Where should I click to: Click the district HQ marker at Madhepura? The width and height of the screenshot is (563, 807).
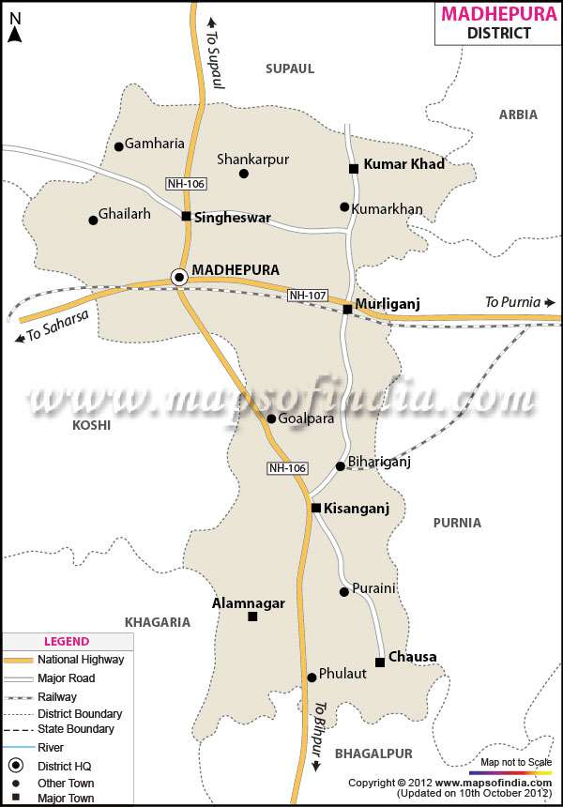[178, 276]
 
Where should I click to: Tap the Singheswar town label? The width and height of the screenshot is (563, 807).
[233, 218]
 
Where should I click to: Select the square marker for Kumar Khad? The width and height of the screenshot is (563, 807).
[354, 169]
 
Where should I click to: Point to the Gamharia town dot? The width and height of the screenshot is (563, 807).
[119, 146]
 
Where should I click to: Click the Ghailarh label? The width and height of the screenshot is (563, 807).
[126, 214]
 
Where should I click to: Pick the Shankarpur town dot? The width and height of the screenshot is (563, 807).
[244, 174]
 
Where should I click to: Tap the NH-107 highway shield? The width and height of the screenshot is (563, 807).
[308, 296]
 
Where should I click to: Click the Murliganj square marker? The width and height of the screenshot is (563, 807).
[347, 309]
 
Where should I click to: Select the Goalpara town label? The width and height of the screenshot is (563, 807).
[307, 419]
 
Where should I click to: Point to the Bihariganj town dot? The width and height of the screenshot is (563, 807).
[341, 466]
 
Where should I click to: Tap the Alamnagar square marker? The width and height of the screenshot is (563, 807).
[252, 617]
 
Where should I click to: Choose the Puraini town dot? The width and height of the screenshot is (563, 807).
[344, 592]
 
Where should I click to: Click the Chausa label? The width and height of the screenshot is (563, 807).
[412, 657]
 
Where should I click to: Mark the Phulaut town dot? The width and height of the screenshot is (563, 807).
[312, 678]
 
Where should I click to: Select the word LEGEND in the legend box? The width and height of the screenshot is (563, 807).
[67, 642]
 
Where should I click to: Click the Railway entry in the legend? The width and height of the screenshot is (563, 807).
[57, 696]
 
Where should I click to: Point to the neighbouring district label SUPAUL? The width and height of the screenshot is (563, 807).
[290, 69]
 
